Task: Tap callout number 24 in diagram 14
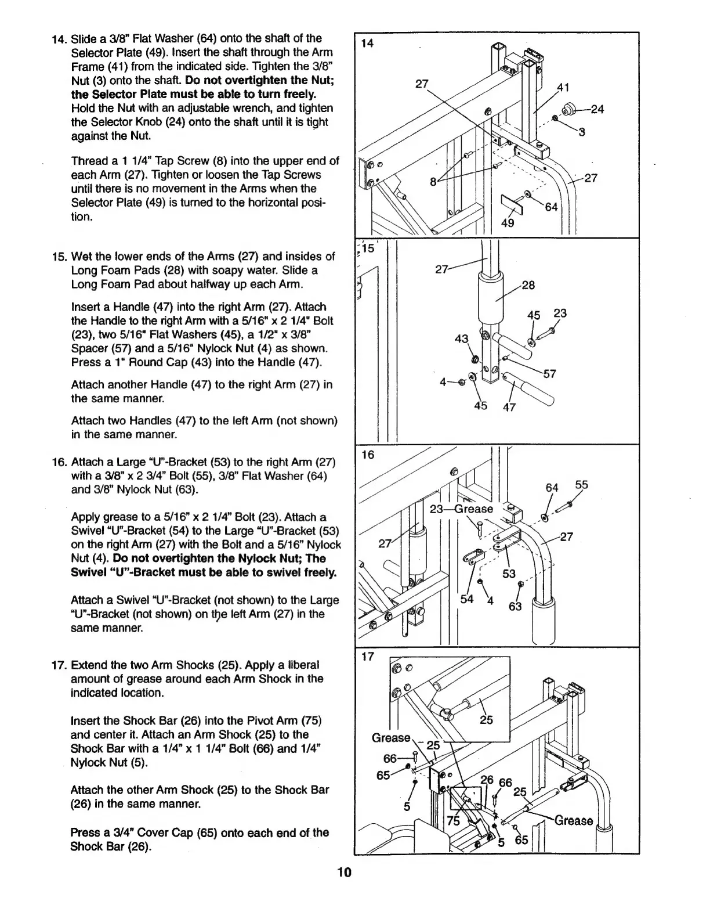tap(598, 109)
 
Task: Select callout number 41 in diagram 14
tap(562, 88)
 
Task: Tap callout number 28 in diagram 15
tap(528, 285)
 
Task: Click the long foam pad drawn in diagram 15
tap(490, 301)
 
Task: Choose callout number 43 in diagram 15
tap(461, 338)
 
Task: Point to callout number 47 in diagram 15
tap(509, 407)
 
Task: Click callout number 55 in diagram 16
tap(581, 485)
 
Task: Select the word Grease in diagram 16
tap(473, 509)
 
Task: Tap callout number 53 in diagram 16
tap(509, 575)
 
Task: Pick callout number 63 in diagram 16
tap(515, 607)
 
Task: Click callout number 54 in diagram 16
tap(467, 599)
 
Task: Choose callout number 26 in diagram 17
tap(486, 781)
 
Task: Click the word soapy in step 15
tap(246, 271)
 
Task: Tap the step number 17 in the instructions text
tap(59, 665)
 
